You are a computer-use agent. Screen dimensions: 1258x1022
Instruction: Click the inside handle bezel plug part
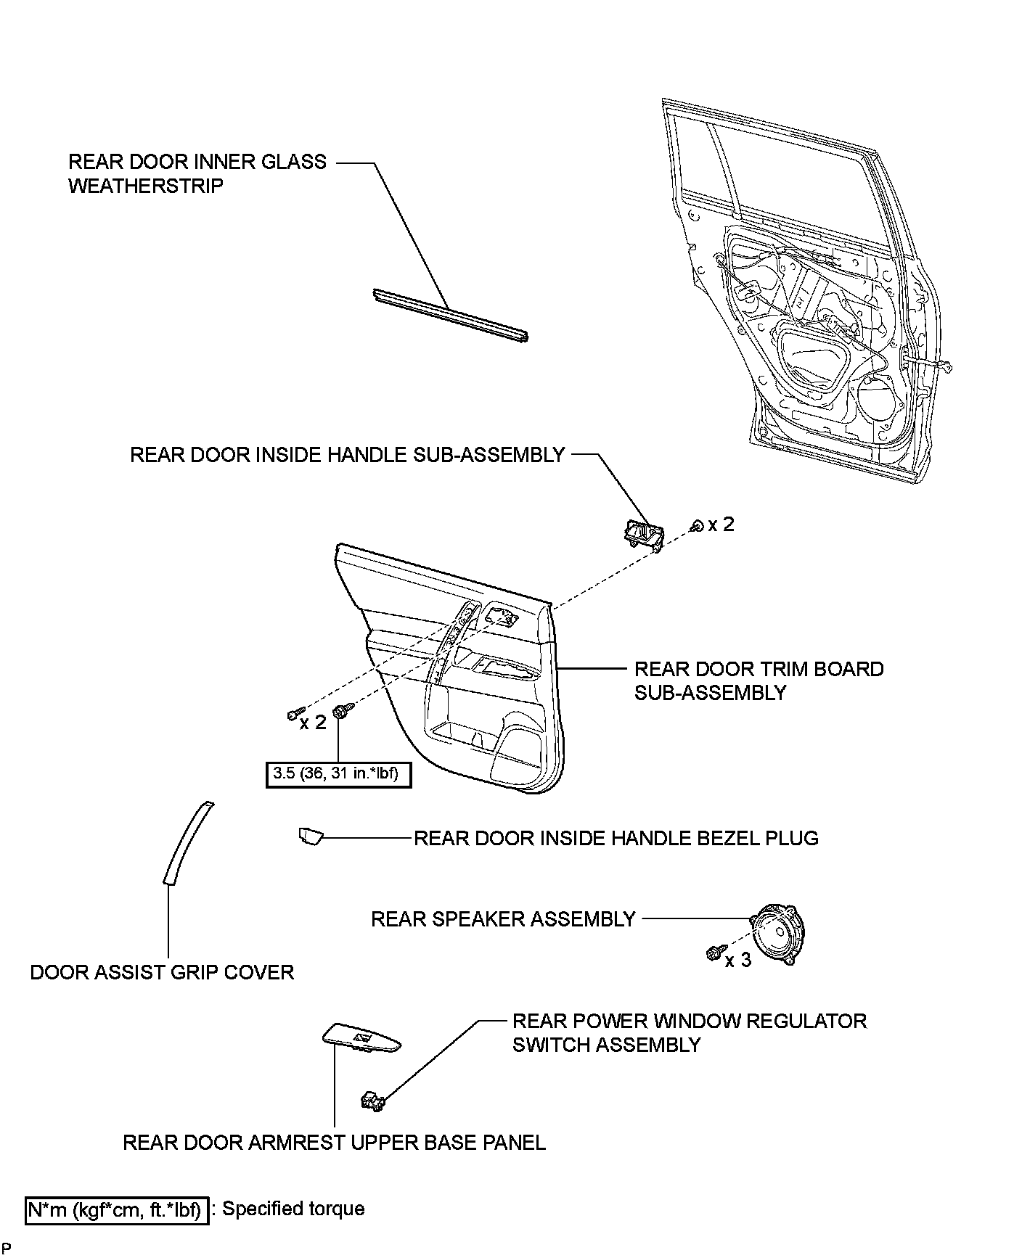310,836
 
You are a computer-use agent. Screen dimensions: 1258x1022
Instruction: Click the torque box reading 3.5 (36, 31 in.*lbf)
338,774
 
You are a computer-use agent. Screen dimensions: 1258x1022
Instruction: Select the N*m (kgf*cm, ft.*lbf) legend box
117,1210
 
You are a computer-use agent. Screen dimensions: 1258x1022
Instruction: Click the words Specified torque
293,1209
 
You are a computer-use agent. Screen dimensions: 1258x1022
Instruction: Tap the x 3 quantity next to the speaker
737,960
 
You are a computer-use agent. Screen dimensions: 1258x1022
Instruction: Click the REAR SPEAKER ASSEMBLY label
503,919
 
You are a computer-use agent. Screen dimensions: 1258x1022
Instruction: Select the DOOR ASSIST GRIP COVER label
162,972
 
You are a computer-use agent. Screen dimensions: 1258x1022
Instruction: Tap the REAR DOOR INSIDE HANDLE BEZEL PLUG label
616,838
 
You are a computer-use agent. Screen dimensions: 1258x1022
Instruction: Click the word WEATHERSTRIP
146,186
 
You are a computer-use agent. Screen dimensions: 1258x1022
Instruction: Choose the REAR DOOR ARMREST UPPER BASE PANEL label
334,1143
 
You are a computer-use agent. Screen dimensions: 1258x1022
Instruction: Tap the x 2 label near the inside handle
721,524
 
